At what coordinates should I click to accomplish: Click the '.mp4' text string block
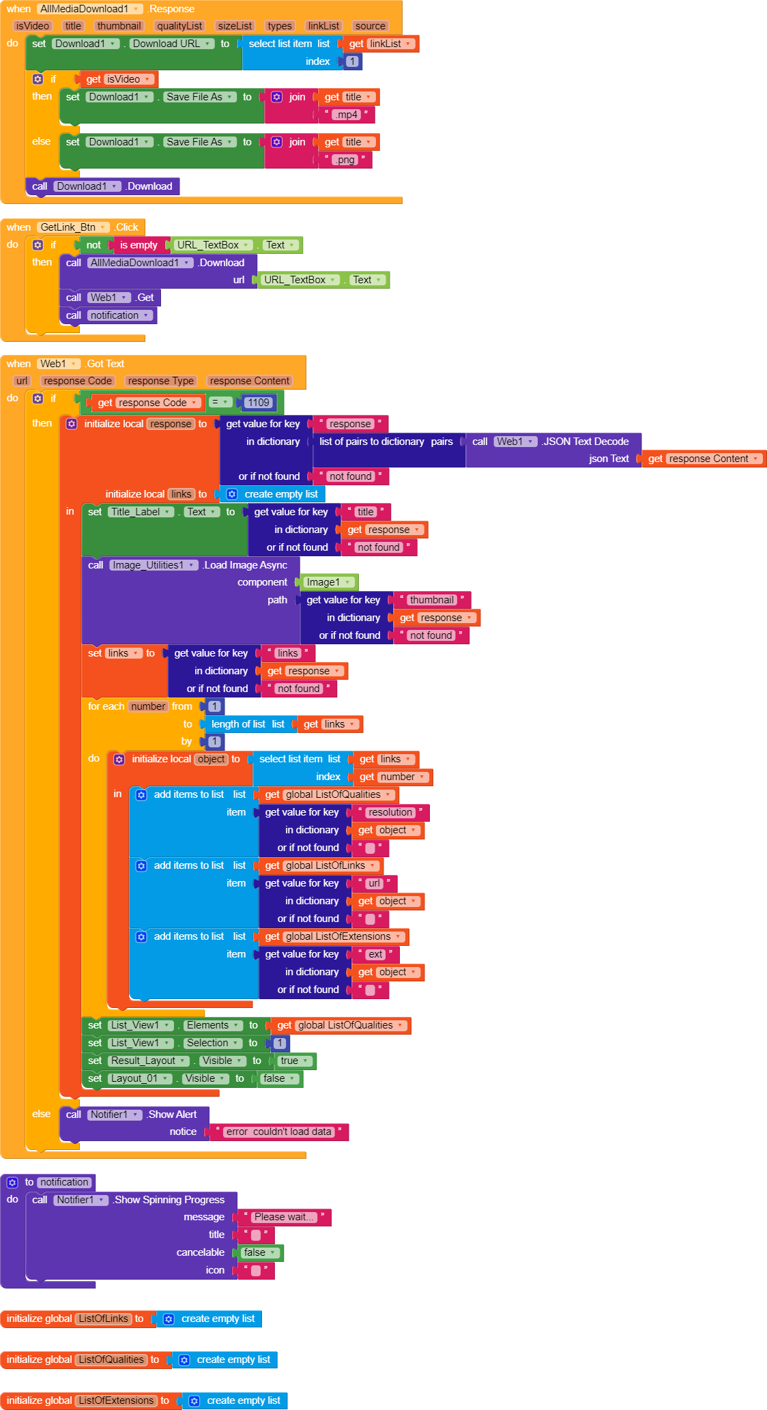pos(347,115)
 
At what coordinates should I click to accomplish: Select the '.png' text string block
pos(345,160)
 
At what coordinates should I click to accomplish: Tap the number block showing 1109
pos(259,403)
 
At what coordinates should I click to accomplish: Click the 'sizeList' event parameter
pos(235,26)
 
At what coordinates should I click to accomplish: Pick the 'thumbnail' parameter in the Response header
pos(119,26)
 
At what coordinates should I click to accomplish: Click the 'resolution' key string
pos(390,812)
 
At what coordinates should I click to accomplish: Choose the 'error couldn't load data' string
pos(279,1132)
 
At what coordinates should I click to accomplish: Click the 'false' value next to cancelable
pos(260,1252)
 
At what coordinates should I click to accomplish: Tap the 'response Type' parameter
pos(161,381)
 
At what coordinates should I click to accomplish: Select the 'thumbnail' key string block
pos(431,600)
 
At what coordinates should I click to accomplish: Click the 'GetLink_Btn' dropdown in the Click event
pos(74,227)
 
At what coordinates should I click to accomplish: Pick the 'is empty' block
pos(139,245)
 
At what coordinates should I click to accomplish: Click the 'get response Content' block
pos(704,459)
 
